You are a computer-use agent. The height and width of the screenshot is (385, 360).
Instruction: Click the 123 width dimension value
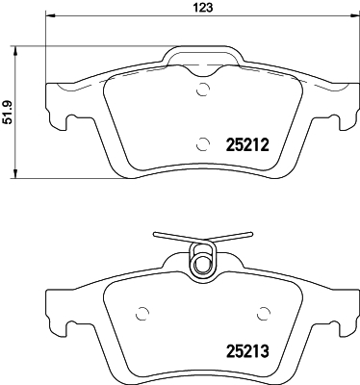click(x=203, y=7)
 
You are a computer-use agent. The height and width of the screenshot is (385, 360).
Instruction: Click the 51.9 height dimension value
click(x=7, y=113)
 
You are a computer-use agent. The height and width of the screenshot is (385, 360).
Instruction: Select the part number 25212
click(x=247, y=145)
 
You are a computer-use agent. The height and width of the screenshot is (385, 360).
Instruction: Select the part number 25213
click(x=247, y=351)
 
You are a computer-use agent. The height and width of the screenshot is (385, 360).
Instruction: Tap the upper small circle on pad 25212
click(x=203, y=90)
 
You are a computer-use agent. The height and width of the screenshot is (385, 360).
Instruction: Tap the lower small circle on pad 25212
click(x=203, y=144)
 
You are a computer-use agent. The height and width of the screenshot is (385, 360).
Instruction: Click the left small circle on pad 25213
click(x=142, y=314)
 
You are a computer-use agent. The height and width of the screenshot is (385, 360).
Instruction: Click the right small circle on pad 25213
click(x=264, y=314)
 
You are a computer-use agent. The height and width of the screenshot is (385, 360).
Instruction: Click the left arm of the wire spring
click(x=178, y=237)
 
